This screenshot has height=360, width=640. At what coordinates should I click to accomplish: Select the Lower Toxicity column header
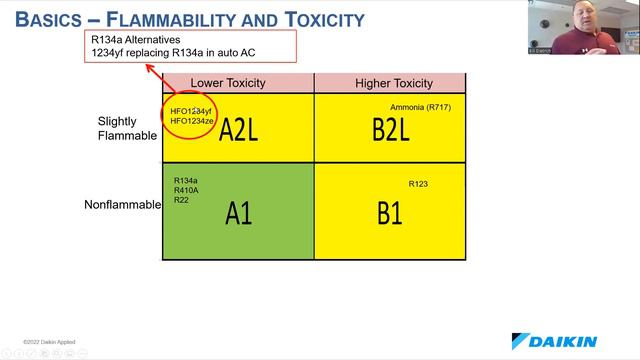[238, 83]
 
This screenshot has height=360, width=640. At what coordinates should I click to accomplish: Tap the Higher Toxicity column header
[394, 83]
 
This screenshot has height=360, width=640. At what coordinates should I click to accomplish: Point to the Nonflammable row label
[122, 205]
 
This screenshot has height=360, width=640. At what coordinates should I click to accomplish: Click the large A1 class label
[238, 213]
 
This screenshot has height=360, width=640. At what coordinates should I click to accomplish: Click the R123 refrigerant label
[418, 184]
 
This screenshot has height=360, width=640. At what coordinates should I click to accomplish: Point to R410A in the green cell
[186, 190]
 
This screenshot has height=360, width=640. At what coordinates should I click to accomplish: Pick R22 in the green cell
[181, 200]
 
